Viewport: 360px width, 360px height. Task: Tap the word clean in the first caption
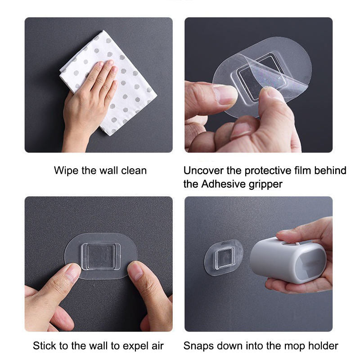point(134,171)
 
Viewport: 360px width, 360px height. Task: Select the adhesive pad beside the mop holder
point(223,257)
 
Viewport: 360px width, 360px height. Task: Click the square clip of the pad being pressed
point(101,256)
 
